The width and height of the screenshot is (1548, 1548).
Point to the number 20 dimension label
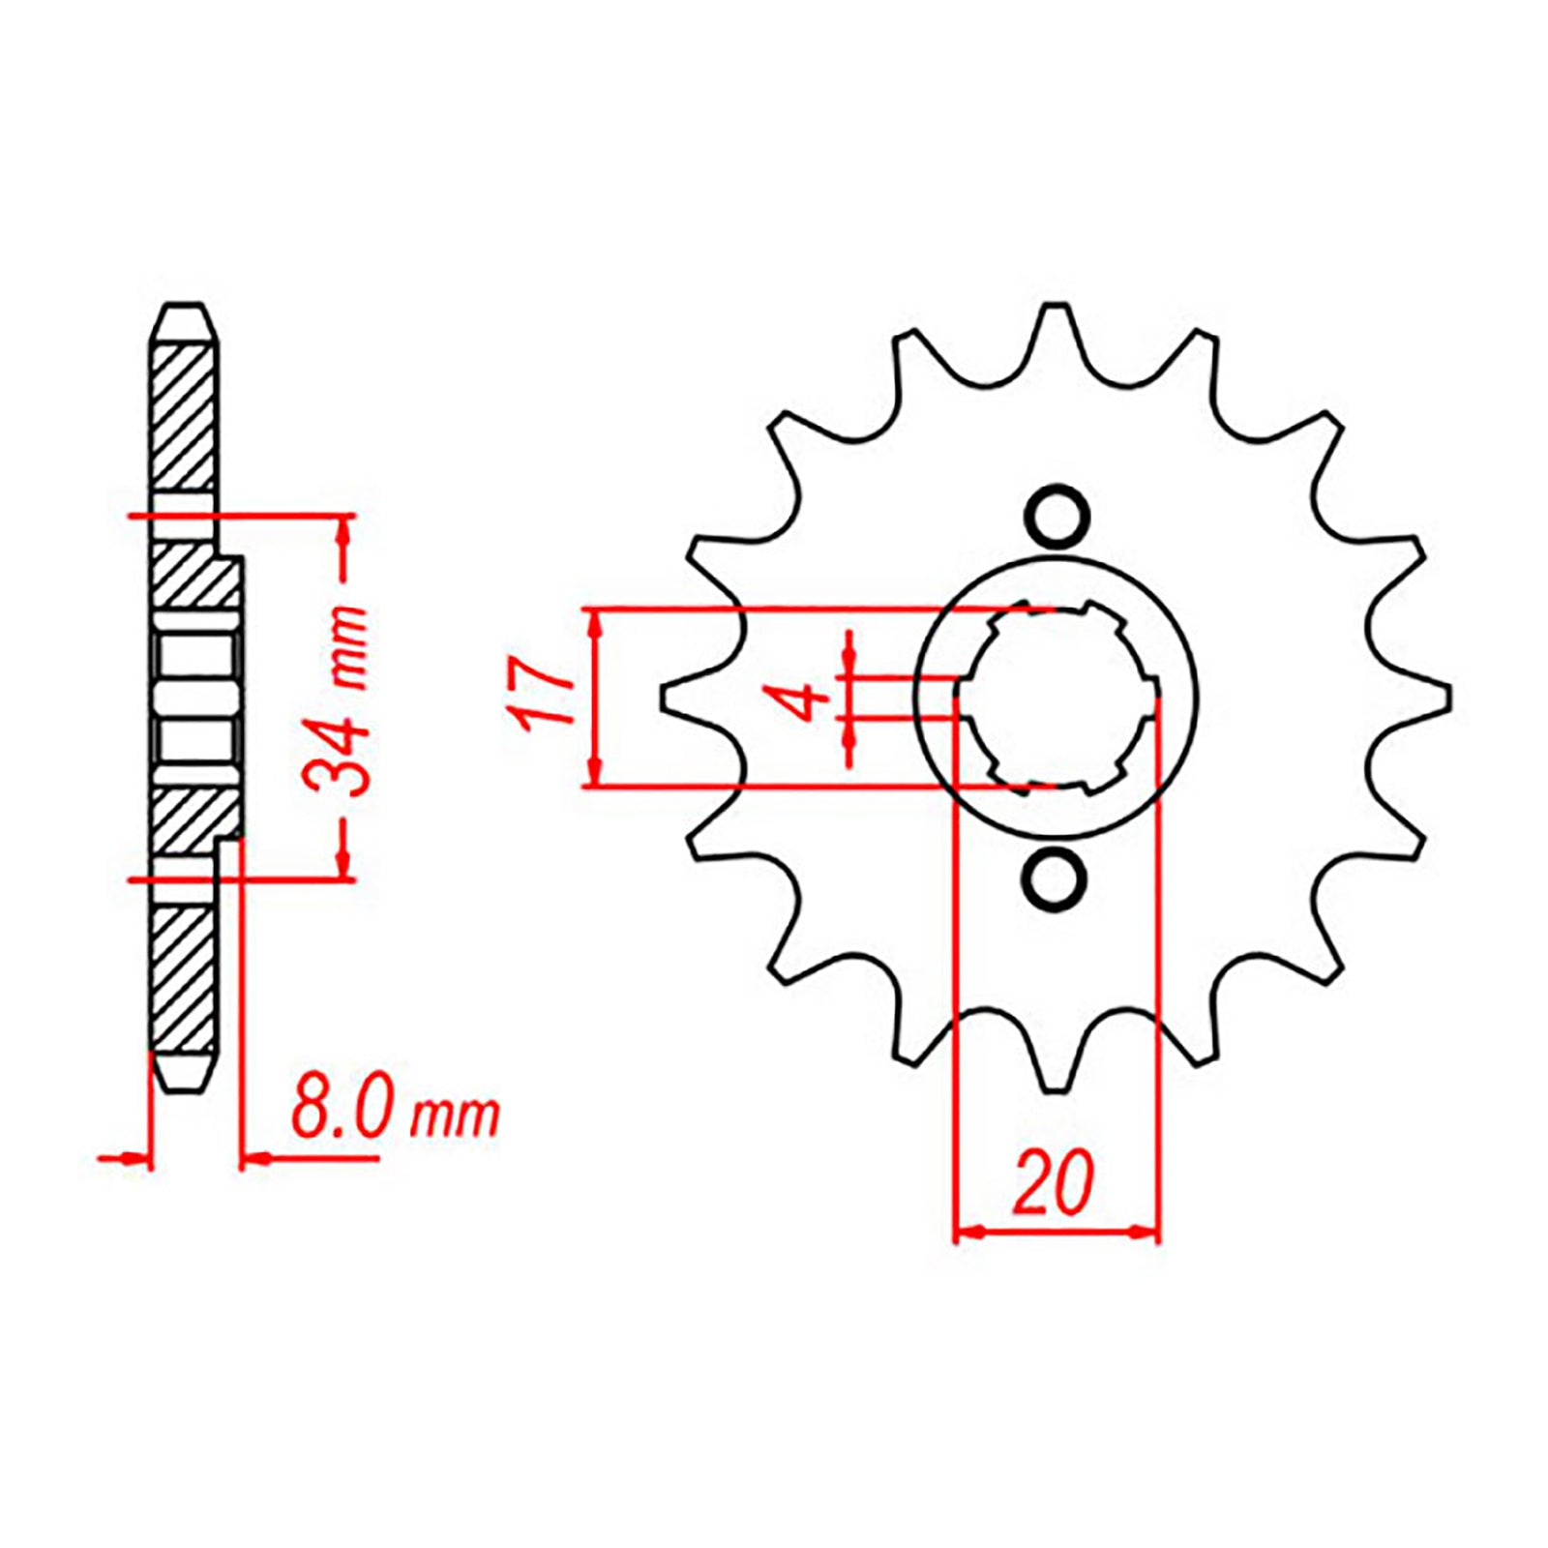pyautogui.click(x=1054, y=1183)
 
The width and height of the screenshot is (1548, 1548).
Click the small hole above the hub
pyautogui.click(x=1056, y=519)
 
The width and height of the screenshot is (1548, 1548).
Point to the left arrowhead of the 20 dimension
pyautogui.click(x=968, y=1233)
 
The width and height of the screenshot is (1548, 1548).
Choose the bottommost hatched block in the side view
pyautogui.click(x=184, y=979)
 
